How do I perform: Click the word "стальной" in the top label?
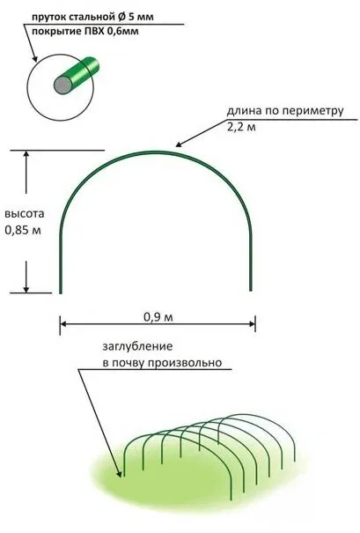[x=89, y=17]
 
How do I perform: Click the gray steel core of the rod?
[x=62, y=85]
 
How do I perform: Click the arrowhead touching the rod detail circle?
[x=34, y=58]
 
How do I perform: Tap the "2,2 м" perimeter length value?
[x=241, y=127]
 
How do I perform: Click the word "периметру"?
[x=312, y=111]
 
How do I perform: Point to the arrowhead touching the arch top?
[x=180, y=144]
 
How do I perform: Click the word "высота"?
[x=24, y=214]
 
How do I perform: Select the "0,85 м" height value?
[x=23, y=230]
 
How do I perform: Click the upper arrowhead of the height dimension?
[x=26, y=155]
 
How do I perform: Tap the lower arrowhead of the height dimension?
[x=26, y=288]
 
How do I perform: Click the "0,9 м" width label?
[x=158, y=317]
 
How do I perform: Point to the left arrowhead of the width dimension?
[x=64, y=324]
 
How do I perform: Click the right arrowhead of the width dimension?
[x=251, y=324]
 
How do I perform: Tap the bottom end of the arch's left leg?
[x=61, y=292]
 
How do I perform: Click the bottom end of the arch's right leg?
[x=251, y=291]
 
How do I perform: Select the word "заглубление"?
[x=138, y=347]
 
